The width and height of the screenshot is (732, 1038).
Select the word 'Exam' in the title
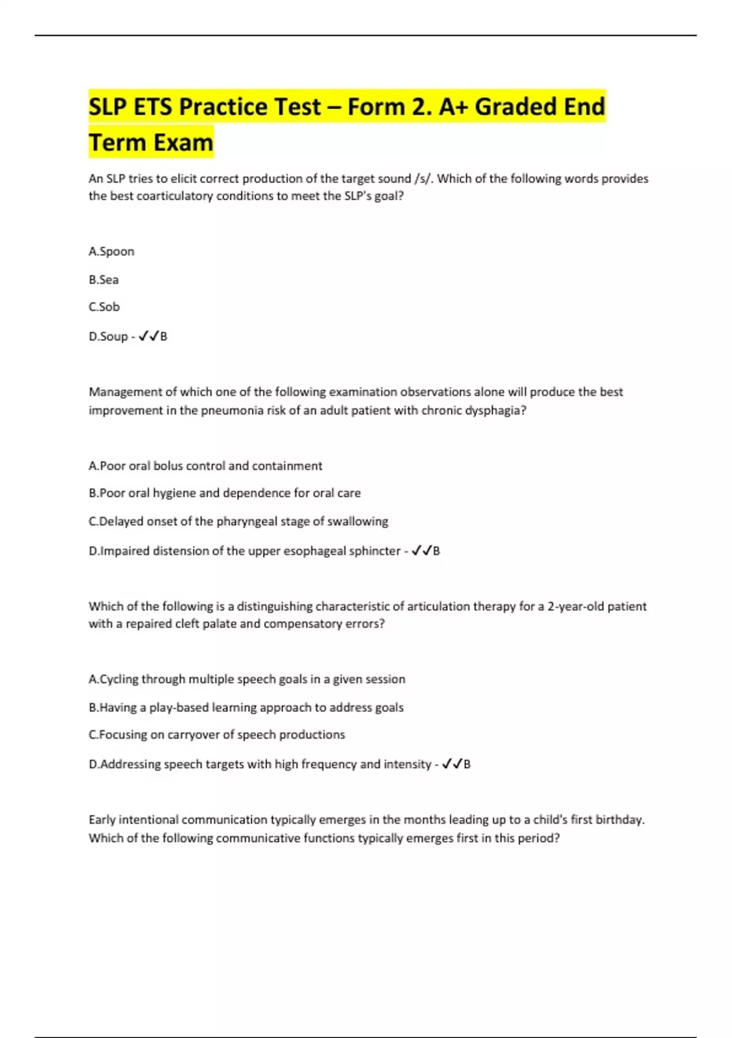(182, 143)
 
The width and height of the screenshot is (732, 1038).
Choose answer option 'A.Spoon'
(112, 252)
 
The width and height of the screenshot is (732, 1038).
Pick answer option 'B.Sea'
(104, 280)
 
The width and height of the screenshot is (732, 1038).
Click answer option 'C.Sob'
(104, 307)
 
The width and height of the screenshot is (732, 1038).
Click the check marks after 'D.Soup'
(149, 336)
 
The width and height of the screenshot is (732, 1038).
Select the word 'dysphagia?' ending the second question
(495, 410)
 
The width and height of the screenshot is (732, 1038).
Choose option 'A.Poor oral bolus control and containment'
(205, 466)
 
